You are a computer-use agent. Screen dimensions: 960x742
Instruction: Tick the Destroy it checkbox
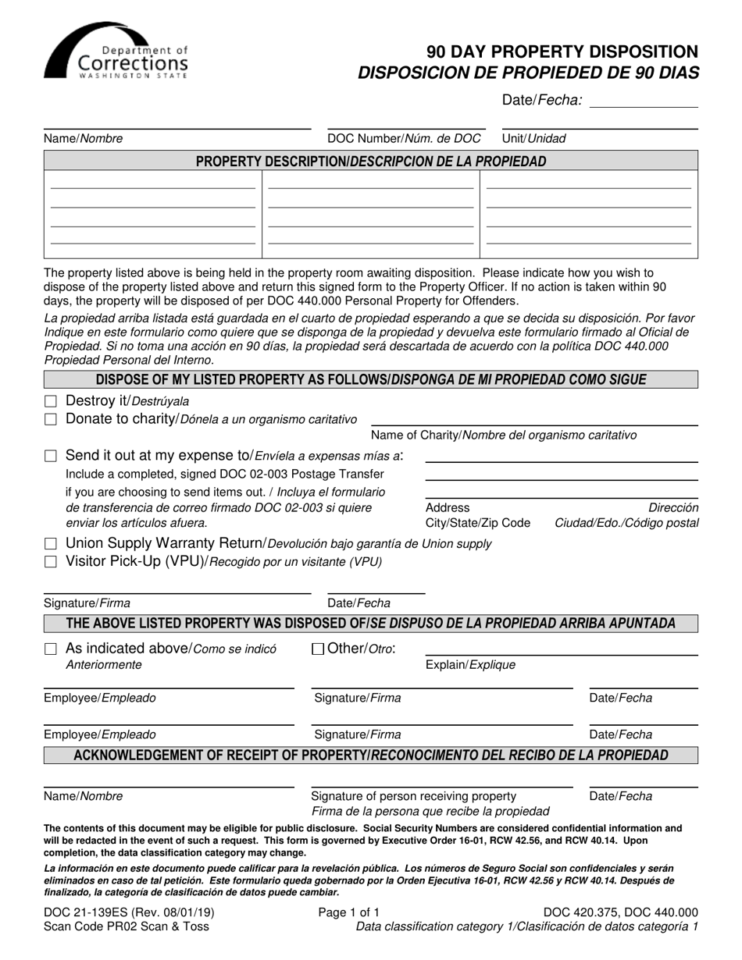coord(51,401)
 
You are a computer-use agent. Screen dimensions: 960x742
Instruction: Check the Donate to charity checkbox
coord(51,419)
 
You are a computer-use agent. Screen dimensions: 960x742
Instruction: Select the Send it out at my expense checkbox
coord(51,456)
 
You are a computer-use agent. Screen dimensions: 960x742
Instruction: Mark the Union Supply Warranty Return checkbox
coord(51,543)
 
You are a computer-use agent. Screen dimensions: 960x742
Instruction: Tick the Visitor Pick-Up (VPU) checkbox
coord(51,561)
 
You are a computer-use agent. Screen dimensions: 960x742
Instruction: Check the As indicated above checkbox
coord(51,649)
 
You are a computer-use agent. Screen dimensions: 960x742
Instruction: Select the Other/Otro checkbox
coord(318,649)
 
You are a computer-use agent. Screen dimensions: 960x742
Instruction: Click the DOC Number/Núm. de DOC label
coord(404,138)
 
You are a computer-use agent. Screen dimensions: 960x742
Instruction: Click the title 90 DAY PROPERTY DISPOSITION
coord(562,52)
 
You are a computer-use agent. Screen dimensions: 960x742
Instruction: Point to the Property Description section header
coord(370,162)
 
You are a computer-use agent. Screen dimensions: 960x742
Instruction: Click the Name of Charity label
coord(503,435)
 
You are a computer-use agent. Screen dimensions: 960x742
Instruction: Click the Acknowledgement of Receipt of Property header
coord(370,755)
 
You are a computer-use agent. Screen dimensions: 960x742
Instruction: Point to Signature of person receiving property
coord(413,796)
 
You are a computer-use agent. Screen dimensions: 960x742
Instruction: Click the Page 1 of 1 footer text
coord(349,912)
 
